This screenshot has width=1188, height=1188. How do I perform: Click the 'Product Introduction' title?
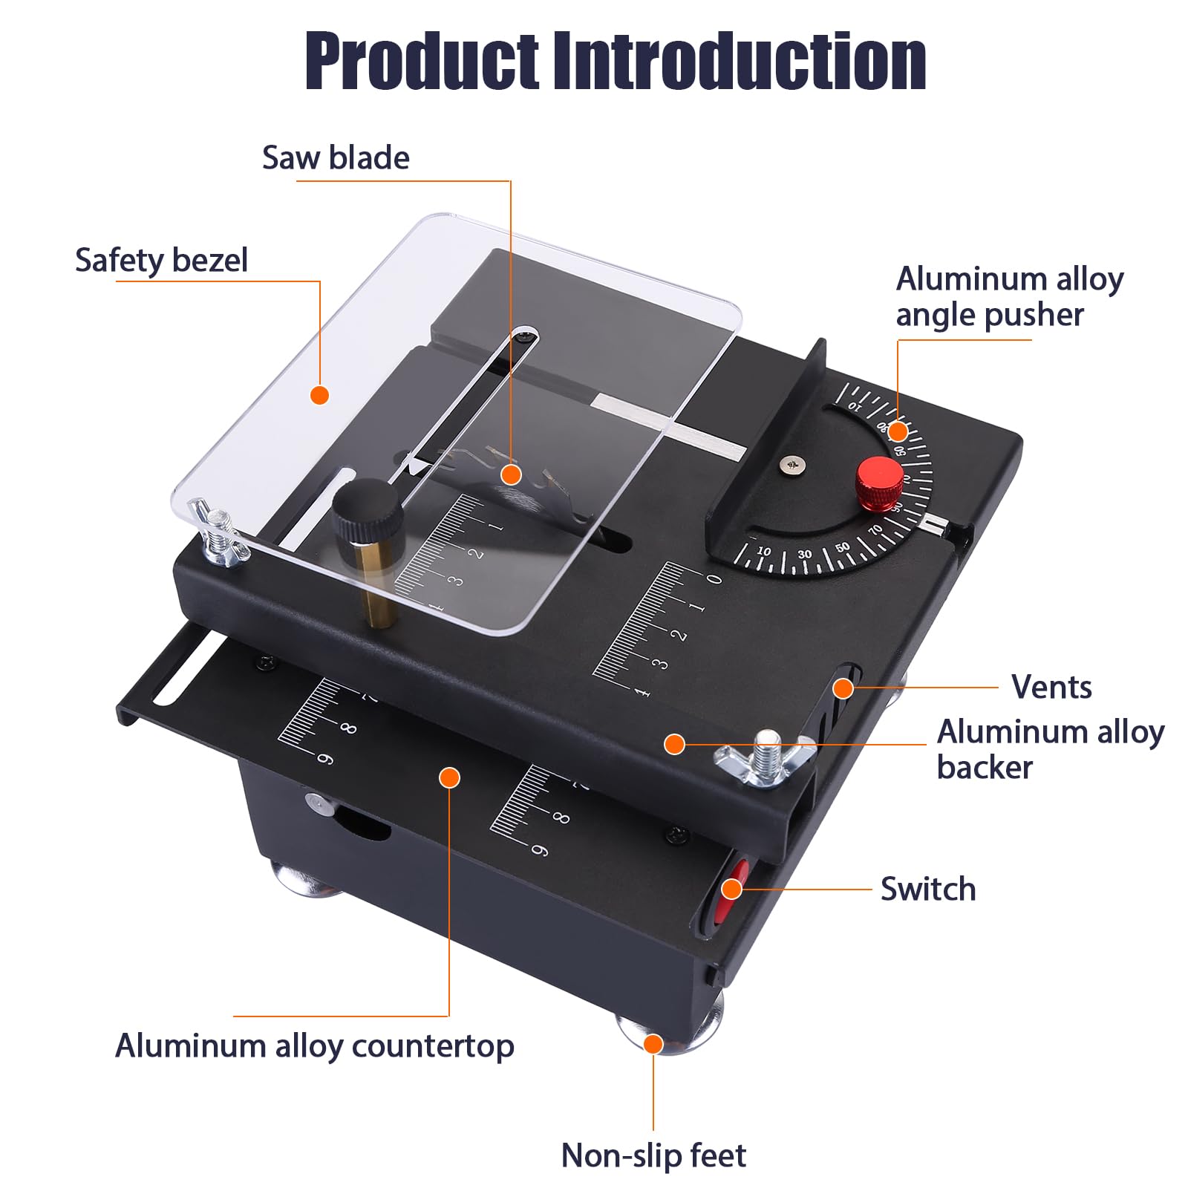[x=615, y=62]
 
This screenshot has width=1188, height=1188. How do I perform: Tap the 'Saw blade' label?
[x=336, y=158]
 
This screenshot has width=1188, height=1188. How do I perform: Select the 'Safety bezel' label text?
[x=161, y=261]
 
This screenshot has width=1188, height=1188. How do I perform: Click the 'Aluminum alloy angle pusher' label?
[x=1008, y=297]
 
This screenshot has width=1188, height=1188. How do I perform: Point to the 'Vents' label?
[x=1051, y=688]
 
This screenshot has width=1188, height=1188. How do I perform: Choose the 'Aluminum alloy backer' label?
[x=1049, y=749]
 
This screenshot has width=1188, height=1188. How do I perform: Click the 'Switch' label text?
[x=927, y=890]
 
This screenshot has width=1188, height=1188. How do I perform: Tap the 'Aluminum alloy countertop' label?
[x=314, y=1046]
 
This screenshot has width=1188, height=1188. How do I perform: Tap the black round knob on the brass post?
[x=367, y=507]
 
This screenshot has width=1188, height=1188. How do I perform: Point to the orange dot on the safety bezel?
[x=319, y=395]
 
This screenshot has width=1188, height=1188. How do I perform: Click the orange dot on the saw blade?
[x=511, y=474]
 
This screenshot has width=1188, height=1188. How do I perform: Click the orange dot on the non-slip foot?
[x=653, y=1044]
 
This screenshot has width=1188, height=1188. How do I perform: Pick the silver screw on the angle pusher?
[x=791, y=466]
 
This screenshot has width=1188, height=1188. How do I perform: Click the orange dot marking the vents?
[x=843, y=688]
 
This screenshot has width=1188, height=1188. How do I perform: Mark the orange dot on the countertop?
[x=449, y=777]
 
